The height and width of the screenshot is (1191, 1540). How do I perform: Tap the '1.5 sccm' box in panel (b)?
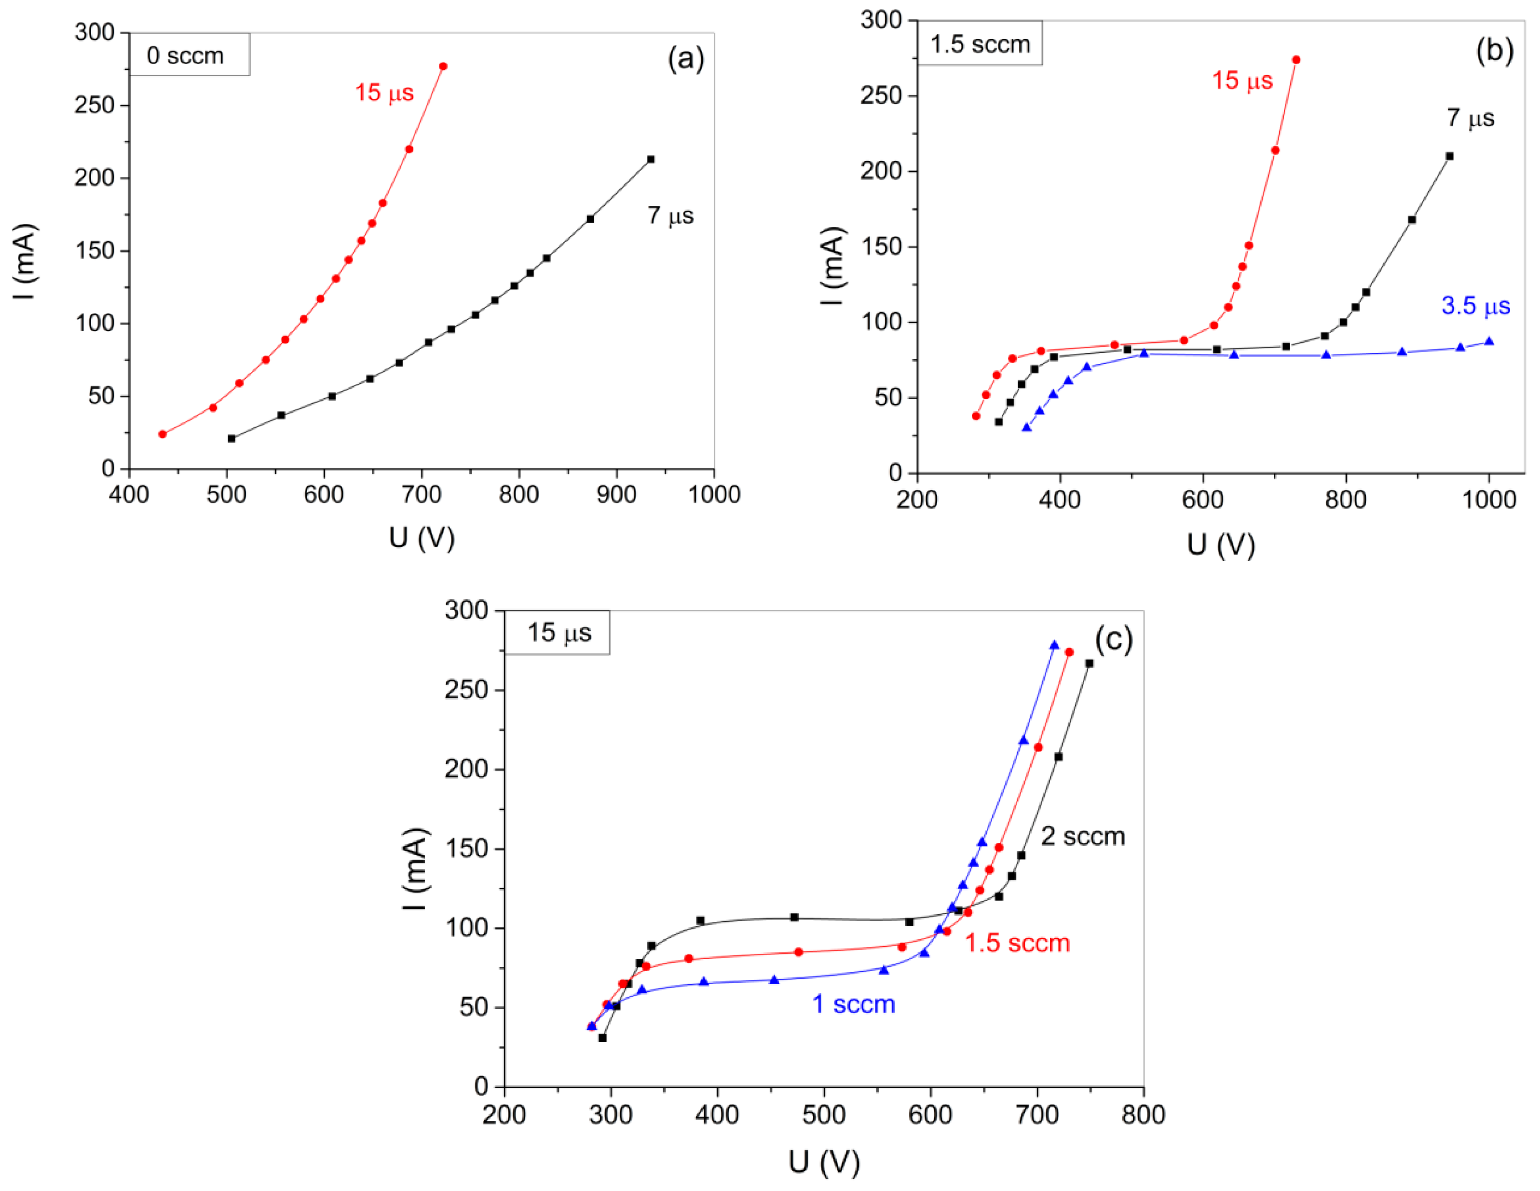coord(980,44)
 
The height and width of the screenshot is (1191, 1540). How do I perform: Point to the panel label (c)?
coord(1113,639)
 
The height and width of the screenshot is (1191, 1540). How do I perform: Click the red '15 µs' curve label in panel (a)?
coord(383,93)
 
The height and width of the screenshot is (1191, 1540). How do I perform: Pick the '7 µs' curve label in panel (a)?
coord(670,215)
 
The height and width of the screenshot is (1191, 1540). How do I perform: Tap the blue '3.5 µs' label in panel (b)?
coord(1475,305)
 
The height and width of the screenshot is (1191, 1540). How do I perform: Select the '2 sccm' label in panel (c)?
coord(1082,836)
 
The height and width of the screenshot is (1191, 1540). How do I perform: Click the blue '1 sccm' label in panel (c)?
coord(853,1004)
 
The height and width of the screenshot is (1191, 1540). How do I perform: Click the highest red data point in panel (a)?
coord(443,66)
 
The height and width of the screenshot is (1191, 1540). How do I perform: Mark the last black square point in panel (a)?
coord(650,160)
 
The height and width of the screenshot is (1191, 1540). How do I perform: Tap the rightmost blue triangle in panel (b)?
coord(1488,341)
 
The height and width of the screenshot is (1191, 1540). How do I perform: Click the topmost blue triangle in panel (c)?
coord(1054,645)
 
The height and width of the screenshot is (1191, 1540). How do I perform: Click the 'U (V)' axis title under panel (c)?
coord(824,1162)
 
